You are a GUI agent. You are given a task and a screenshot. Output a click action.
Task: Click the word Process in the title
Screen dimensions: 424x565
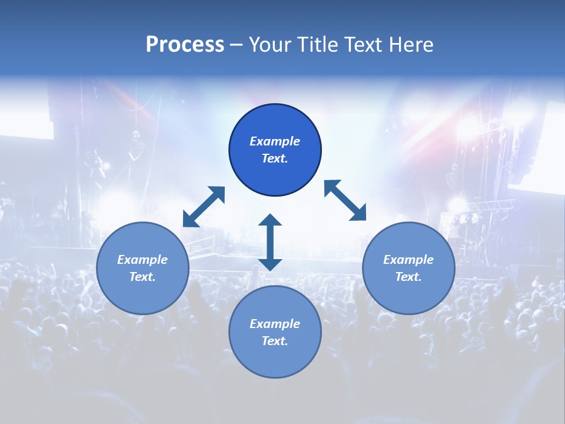pos(185,45)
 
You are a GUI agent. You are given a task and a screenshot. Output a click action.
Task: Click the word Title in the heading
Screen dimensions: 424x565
pos(319,45)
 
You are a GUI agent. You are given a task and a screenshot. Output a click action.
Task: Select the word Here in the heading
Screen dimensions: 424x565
pos(411,45)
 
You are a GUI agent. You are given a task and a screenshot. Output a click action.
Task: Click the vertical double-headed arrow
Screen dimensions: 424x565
pos(270,242)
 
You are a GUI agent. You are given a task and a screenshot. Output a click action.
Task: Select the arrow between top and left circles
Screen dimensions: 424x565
pos(204,207)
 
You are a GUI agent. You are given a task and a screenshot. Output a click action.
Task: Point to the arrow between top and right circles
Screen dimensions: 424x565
pos(345,200)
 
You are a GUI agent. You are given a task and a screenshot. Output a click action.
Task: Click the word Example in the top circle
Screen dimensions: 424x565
pos(275,141)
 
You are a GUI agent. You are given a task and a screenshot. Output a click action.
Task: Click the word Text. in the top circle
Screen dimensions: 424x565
pos(275,158)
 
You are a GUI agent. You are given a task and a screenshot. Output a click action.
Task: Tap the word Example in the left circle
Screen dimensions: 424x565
pos(142,260)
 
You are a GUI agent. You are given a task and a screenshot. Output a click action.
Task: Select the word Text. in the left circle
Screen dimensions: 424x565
pos(142,277)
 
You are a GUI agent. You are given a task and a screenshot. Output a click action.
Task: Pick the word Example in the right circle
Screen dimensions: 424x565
pos(408,260)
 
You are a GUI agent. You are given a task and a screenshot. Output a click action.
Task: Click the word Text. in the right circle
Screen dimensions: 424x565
pos(408,277)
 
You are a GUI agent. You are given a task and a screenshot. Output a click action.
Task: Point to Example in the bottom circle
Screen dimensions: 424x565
pos(275,324)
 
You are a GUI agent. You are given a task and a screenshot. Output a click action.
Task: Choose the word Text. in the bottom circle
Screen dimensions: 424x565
pos(275,341)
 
